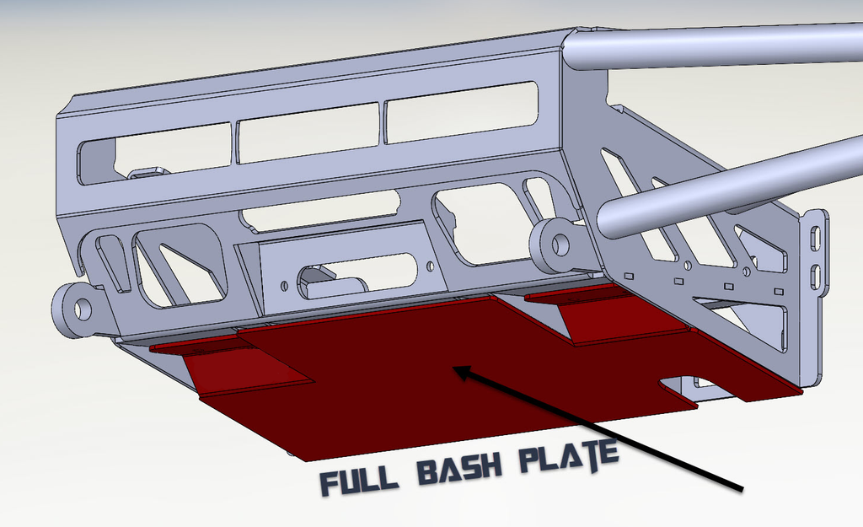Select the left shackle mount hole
[x=82, y=309]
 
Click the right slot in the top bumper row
[x=461, y=111]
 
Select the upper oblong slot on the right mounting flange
[x=814, y=238]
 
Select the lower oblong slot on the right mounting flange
[x=814, y=276]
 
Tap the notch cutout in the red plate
[x=684, y=384]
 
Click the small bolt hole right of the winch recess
[x=430, y=266]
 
